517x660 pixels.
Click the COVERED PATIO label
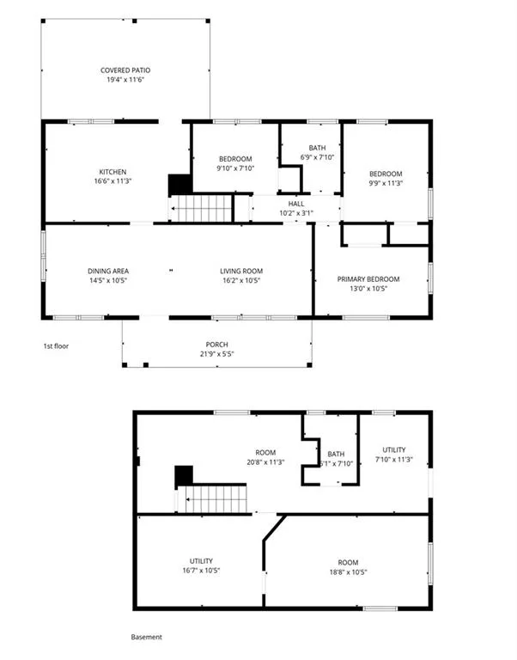click(125, 70)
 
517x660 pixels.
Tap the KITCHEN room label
click(113, 172)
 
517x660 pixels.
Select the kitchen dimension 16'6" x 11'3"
click(113, 181)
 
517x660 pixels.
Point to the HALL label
click(296, 204)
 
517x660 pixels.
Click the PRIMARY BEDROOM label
click(368, 279)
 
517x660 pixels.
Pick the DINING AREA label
click(108, 271)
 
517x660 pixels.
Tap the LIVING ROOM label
click(241, 271)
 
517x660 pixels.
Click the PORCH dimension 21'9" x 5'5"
click(216, 354)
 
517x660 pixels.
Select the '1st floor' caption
click(56, 346)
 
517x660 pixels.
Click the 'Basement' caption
click(146, 638)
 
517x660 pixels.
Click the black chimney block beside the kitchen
click(180, 185)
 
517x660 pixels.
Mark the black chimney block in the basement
click(184, 476)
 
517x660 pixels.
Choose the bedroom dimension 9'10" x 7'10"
click(235, 168)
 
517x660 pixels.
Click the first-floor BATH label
click(317, 148)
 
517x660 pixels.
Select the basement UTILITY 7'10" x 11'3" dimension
click(394, 460)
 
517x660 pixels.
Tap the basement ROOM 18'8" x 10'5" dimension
click(349, 572)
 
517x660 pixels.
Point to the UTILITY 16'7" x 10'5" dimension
click(201, 571)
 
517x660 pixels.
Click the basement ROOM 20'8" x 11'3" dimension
click(265, 462)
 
